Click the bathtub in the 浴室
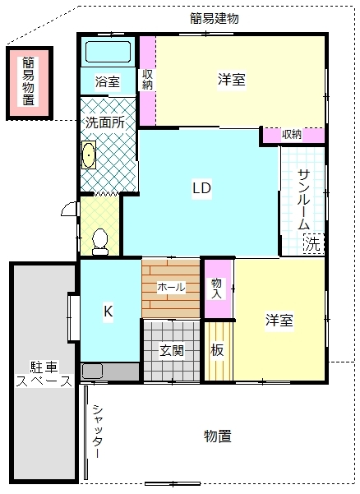(108, 52)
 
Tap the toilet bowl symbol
(100, 242)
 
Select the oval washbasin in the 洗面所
(89, 155)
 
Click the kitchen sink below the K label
(92, 372)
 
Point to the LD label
(201, 188)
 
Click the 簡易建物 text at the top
(215, 18)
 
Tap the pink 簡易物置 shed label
(28, 81)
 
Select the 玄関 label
(172, 350)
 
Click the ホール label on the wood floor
(171, 287)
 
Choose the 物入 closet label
(216, 289)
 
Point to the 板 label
(217, 349)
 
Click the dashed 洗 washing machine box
(313, 243)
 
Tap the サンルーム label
(303, 200)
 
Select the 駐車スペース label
(44, 374)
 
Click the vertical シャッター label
(98, 432)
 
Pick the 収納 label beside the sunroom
(292, 135)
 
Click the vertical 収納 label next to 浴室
(147, 80)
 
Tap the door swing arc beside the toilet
(69, 210)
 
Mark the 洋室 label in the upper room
(232, 80)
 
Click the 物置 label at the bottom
(217, 436)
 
